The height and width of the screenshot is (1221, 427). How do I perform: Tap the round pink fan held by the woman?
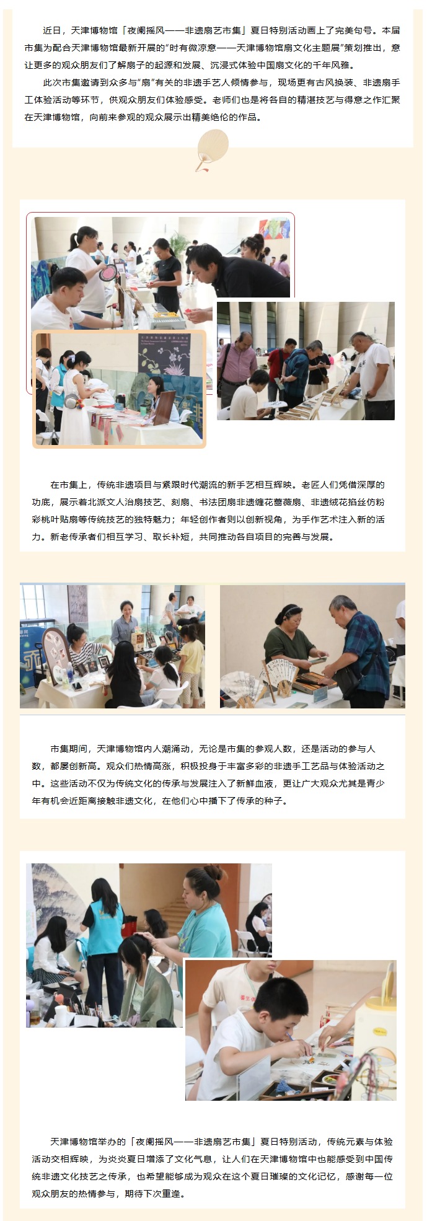click(108, 272)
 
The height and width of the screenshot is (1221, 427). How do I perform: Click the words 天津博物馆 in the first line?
click(92, 30)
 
